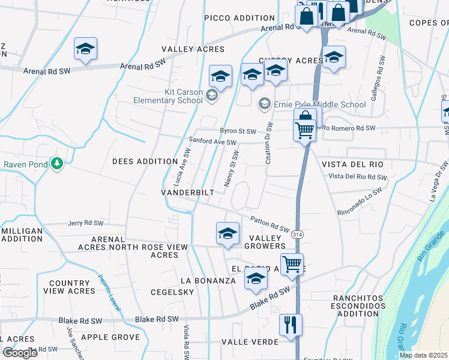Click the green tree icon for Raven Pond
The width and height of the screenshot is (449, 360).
[57, 163]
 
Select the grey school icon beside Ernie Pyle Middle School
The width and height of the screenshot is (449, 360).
[264, 104]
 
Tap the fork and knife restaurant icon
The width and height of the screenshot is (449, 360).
[291, 325]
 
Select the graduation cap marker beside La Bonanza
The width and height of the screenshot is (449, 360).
[256, 278]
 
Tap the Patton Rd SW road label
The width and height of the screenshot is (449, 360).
[270, 225]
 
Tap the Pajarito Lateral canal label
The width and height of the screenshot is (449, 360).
[109, 293]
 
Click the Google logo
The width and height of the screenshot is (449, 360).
[20, 352]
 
